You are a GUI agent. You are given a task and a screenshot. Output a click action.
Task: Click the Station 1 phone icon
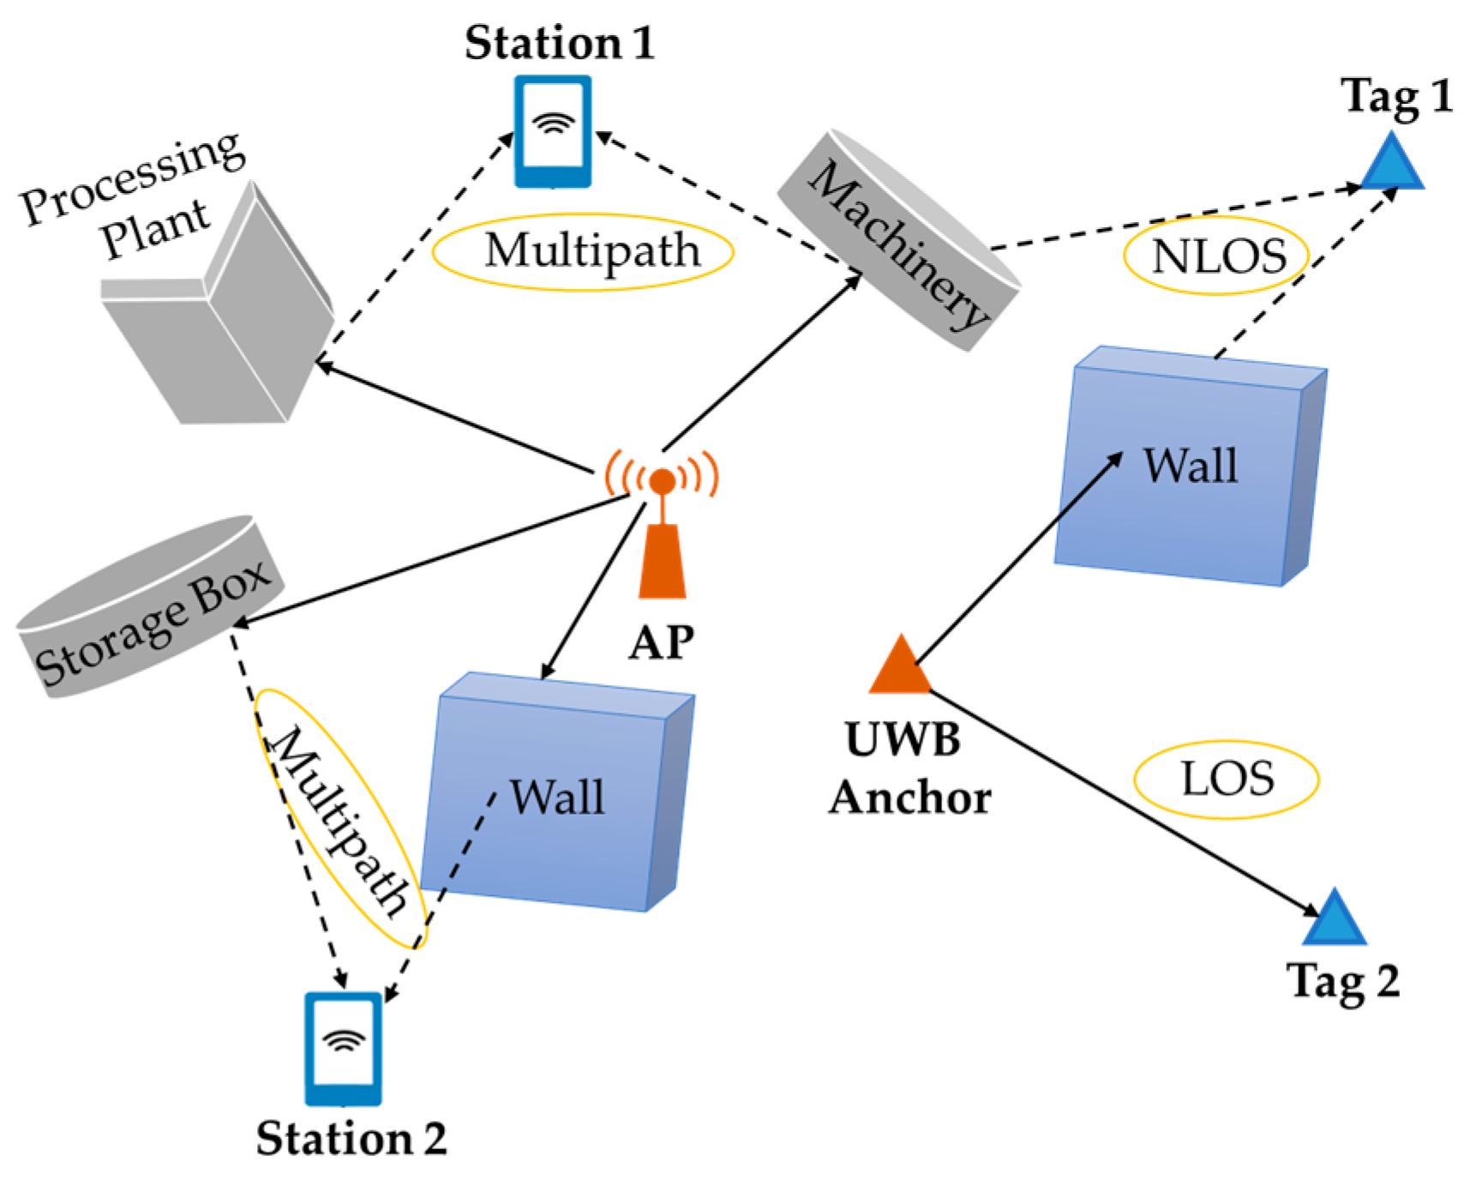(x=552, y=131)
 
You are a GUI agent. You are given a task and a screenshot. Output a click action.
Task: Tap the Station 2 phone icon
(x=343, y=1048)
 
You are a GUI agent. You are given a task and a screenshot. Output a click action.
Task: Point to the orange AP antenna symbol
(x=662, y=523)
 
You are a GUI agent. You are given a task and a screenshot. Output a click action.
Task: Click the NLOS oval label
(x=1216, y=256)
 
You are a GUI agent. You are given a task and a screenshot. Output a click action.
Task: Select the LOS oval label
(x=1227, y=779)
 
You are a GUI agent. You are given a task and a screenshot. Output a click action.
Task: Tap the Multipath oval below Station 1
(x=583, y=251)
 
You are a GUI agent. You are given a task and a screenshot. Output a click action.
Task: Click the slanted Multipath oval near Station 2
(x=340, y=819)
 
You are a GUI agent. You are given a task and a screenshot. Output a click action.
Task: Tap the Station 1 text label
(x=559, y=43)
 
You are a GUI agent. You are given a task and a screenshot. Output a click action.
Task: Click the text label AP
(x=661, y=641)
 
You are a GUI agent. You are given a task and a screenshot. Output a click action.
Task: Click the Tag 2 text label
(x=1342, y=981)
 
